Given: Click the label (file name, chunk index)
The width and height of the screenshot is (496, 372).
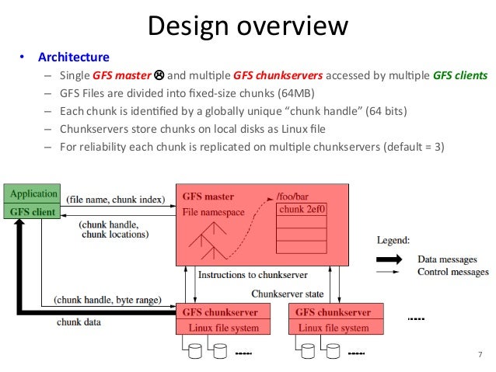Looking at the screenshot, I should coord(116,200).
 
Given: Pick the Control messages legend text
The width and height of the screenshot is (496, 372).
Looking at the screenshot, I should coord(453,272).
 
